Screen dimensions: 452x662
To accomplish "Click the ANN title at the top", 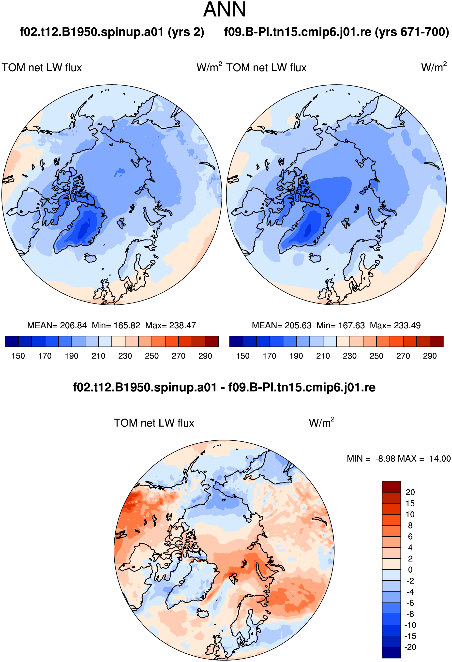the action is tap(225, 10).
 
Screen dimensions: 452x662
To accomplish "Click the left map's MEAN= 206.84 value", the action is tap(57, 325).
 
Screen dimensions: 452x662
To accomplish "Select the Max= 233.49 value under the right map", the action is tap(395, 325).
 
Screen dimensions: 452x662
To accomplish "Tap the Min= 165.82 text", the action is tap(116, 325).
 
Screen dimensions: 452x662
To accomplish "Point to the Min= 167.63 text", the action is tap(341, 325).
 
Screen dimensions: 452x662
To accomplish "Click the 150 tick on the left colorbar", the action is tap(18, 356).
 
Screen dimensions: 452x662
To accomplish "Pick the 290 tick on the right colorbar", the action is tap(430, 356).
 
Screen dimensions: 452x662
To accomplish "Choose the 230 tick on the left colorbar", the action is tap(125, 356).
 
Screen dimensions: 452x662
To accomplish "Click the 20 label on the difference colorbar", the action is tap(410, 492).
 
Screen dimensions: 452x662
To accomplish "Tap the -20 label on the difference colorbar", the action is tap(410, 647).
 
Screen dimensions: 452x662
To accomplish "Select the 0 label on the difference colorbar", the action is tap(410, 570).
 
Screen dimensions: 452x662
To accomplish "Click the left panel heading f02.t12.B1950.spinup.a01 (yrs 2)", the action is tap(112, 32).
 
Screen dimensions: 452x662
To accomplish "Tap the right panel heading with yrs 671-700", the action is tap(337, 32).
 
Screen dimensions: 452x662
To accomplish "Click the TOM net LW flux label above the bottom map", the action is tap(154, 423).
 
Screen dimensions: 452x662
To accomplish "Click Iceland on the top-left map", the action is tap(91, 258).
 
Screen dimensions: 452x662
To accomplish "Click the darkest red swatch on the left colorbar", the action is tap(212, 341).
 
